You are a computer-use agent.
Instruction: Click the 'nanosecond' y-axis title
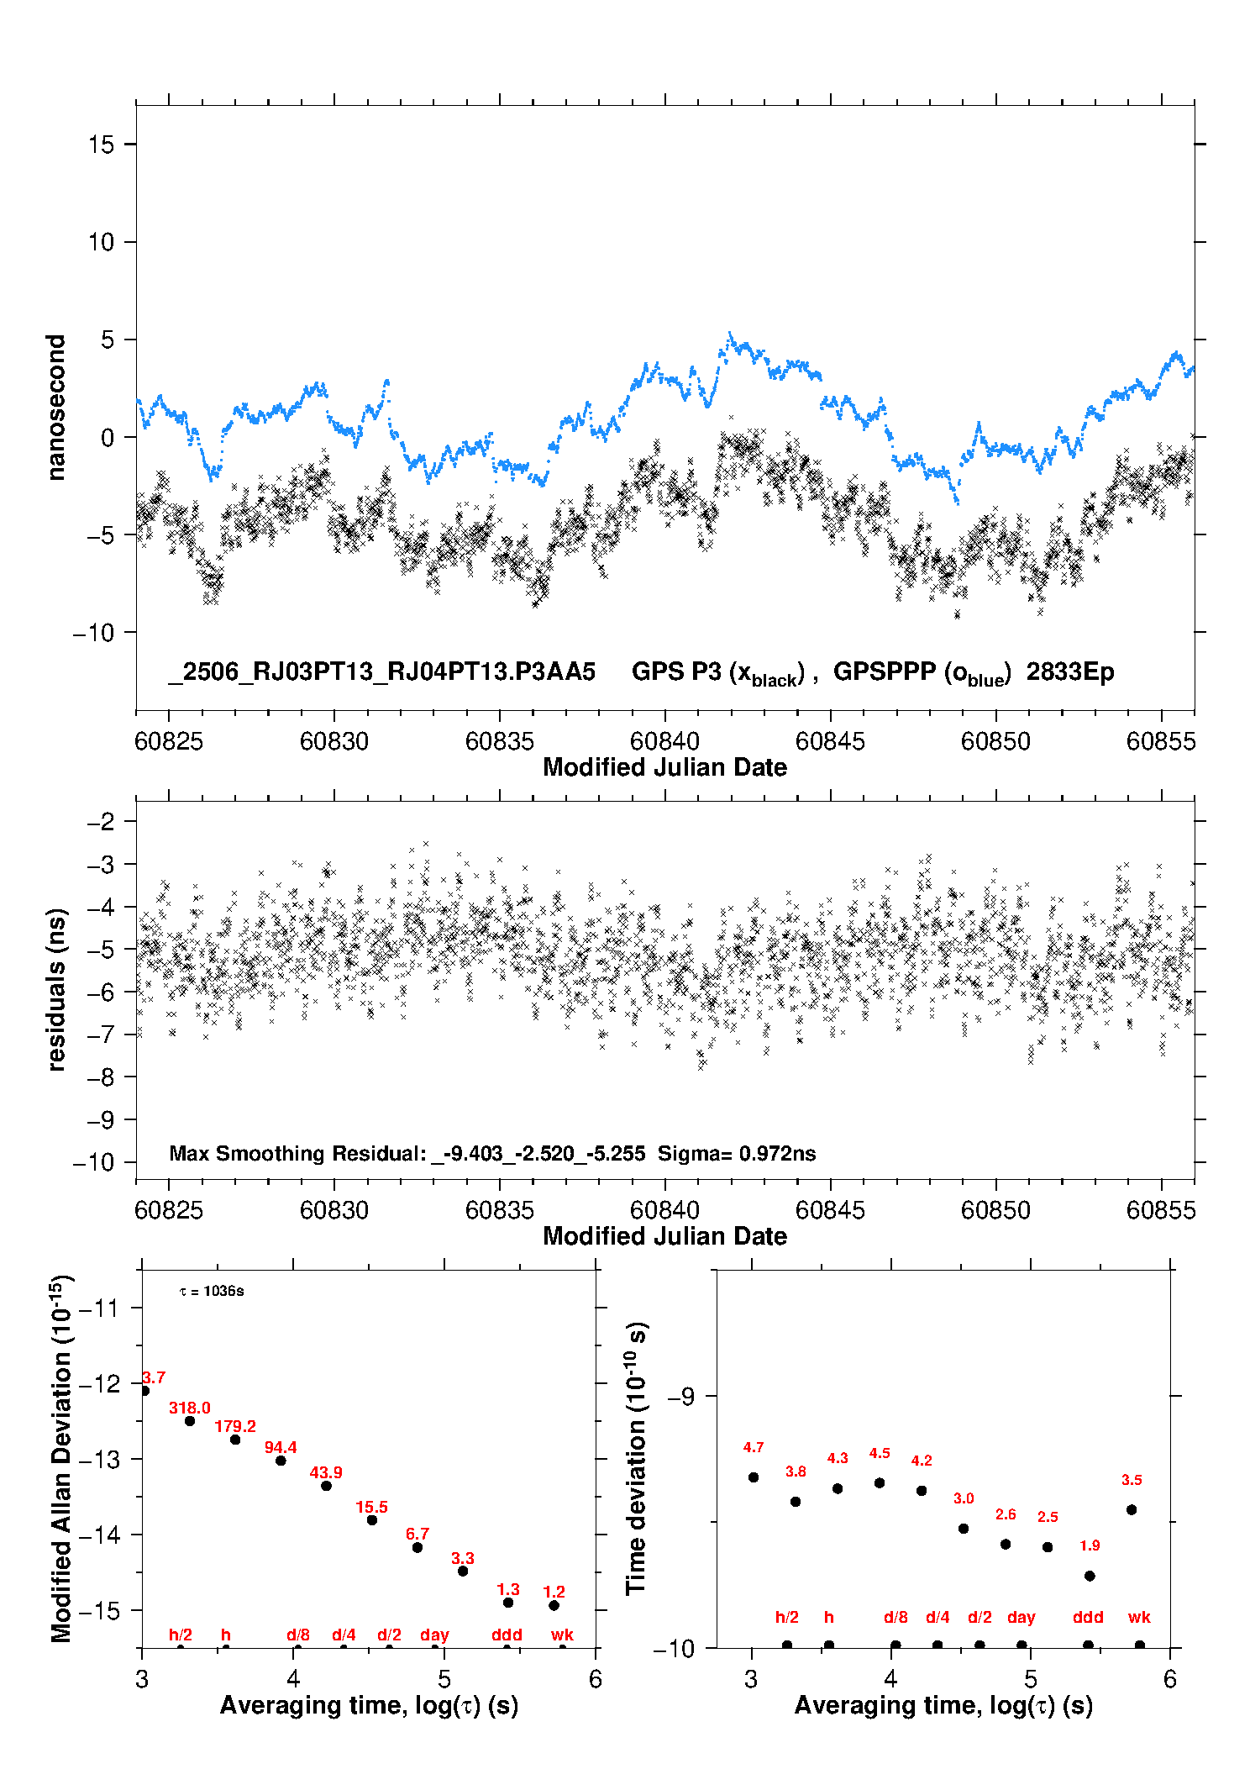[55, 408]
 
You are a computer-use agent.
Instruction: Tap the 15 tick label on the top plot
[101, 145]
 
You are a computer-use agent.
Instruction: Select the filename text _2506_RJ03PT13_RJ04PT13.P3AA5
[382, 671]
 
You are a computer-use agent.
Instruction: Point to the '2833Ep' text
[1070, 672]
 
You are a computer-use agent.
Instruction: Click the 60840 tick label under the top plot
[664, 741]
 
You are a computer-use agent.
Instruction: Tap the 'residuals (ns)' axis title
[56, 989]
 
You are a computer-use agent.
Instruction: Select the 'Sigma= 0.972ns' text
[737, 1153]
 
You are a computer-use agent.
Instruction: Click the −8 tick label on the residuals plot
[101, 1077]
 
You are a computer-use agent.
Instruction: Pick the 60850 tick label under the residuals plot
[995, 1210]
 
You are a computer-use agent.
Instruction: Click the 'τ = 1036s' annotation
[212, 1291]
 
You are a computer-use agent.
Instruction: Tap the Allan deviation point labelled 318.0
[190, 1421]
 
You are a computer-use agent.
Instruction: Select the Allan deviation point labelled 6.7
[418, 1547]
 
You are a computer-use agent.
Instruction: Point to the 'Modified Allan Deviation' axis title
[61, 1459]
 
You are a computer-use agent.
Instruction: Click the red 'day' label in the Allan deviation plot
[434, 1635]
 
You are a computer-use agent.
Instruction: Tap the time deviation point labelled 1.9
[1090, 1576]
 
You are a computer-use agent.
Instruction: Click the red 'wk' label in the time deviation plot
[1139, 1617]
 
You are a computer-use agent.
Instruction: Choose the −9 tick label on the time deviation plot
[681, 1396]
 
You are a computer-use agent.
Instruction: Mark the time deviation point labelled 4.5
[880, 1482]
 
